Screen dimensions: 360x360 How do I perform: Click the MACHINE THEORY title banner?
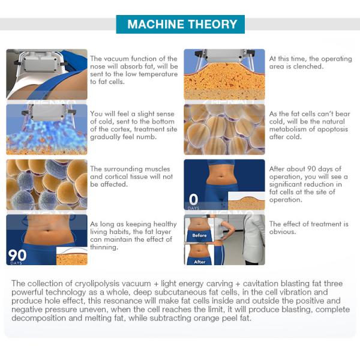[x=180, y=25]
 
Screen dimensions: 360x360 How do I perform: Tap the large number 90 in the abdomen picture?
[x=17, y=255]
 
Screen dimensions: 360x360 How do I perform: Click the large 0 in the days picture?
[x=193, y=199]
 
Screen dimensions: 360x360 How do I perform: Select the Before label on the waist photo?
[x=199, y=235]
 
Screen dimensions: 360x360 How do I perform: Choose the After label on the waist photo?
[x=200, y=262]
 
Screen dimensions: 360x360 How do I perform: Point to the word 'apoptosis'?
[x=332, y=129]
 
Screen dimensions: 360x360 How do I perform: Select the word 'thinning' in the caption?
[x=104, y=247]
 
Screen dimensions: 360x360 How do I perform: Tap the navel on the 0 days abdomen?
[x=221, y=176]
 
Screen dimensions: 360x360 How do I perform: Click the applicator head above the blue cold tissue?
[x=49, y=112]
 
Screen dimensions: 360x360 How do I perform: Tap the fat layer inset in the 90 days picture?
[x=71, y=256]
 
